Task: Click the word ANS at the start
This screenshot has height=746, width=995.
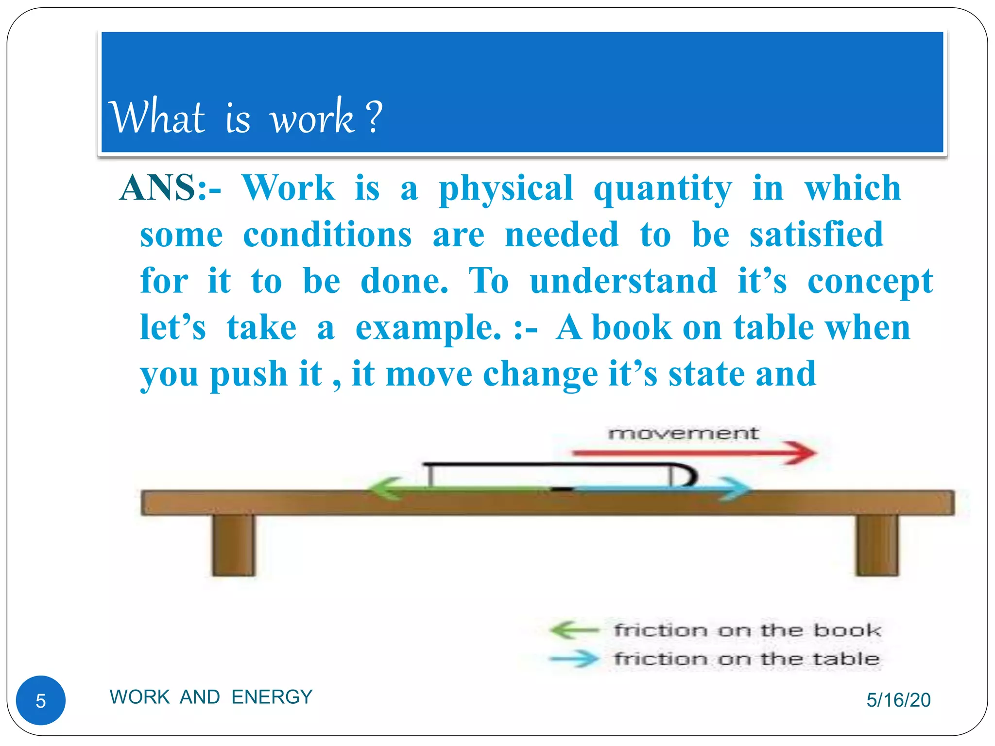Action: (158, 187)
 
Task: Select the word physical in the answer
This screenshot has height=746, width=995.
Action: (506, 188)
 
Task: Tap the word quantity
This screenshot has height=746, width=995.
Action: (663, 188)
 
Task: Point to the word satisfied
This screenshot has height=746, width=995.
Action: (816, 234)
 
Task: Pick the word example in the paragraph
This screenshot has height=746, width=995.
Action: (428, 328)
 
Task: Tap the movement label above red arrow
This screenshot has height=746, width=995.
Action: (683, 433)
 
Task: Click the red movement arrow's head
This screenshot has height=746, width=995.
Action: (804, 453)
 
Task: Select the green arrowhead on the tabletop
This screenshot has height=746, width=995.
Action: (384, 488)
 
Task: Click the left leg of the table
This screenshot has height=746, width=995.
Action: (234, 545)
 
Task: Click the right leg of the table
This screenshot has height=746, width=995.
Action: (877, 545)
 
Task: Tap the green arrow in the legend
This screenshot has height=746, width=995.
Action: (573, 630)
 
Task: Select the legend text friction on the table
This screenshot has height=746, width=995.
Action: (747, 659)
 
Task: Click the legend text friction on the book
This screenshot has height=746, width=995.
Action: (747, 630)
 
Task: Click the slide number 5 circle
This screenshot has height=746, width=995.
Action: (41, 700)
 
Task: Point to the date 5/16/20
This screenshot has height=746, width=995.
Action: (898, 700)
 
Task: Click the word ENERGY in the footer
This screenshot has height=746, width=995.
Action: (272, 697)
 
